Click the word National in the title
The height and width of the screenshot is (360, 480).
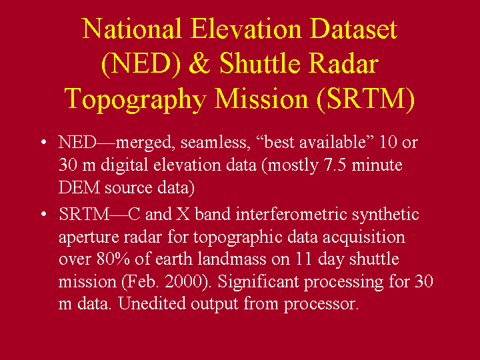point(132,29)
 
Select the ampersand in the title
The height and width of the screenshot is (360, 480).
point(199,63)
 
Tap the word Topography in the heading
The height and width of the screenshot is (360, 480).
point(135,99)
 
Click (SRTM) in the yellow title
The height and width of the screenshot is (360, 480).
point(366,99)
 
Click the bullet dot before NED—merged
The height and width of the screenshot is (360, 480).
point(44,142)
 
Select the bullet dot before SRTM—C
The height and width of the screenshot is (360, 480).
point(44,214)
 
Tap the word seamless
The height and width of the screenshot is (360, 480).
point(214,143)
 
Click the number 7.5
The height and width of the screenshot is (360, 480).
point(335,165)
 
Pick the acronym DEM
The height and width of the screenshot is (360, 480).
point(79,187)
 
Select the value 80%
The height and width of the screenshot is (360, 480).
point(113,259)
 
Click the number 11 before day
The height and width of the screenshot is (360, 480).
point(304,259)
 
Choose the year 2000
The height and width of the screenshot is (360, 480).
point(184,281)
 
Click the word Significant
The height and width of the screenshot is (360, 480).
point(259,282)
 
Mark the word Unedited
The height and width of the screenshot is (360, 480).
point(153,304)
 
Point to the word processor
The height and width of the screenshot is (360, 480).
point(321,305)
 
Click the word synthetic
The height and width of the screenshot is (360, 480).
point(385,215)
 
